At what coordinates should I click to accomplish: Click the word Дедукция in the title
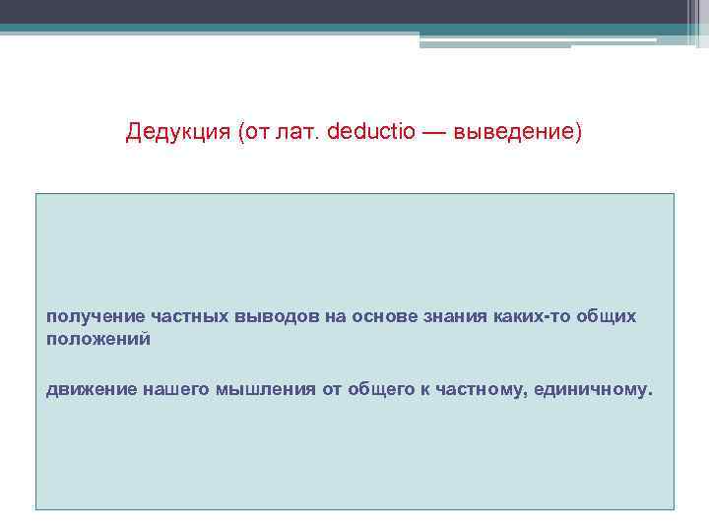(x=177, y=132)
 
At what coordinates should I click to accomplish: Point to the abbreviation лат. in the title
(x=301, y=132)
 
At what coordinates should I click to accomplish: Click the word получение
(x=96, y=317)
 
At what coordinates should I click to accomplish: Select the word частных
(x=191, y=317)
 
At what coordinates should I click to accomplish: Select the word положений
(x=97, y=339)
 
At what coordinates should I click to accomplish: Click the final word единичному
(x=594, y=389)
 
